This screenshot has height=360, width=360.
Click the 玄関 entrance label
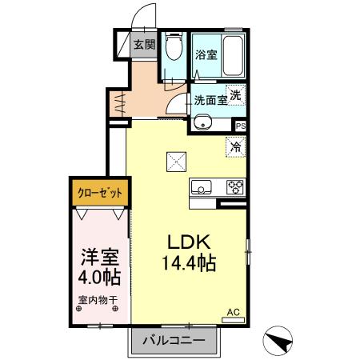click(x=144, y=46)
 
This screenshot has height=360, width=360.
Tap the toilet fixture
click(x=173, y=49)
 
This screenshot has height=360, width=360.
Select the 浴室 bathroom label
click(x=206, y=55)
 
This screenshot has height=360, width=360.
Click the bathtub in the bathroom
click(x=232, y=54)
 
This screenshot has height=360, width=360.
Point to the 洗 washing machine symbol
click(x=235, y=94)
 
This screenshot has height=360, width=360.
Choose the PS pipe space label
click(x=240, y=126)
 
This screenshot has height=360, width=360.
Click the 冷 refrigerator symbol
click(x=235, y=146)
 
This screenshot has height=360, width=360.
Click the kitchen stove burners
click(x=235, y=188)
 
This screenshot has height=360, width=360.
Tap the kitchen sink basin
click(x=201, y=189)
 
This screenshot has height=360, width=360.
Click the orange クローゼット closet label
click(x=99, y=193)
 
